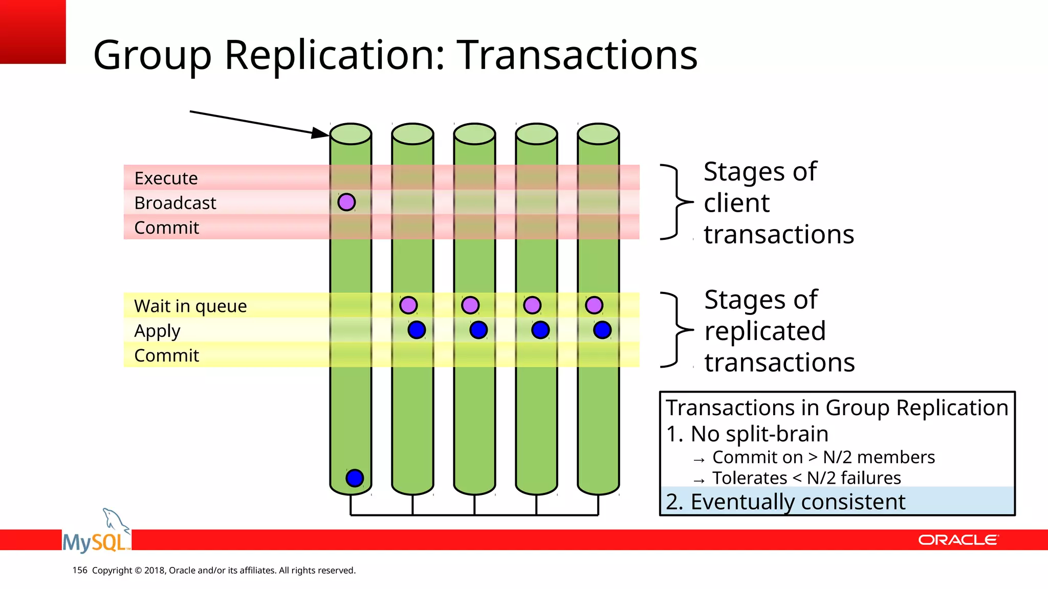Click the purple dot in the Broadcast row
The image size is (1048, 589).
click(346, 202)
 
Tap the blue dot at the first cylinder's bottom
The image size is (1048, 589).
click(355, 478)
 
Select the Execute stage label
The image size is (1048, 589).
click(166, 178)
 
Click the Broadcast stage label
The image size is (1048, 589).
click(175, 203)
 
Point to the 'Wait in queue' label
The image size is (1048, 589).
click(190, 306)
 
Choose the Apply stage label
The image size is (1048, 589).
click(157, 331)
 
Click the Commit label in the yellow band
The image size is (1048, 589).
click(166, 355)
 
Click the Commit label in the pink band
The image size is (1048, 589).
click(166, 228)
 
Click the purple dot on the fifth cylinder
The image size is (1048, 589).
click(594, 305)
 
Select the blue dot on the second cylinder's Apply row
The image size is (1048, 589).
click(417, 330)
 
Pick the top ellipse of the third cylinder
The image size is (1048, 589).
click(474, 134)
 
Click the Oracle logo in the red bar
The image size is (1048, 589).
click(958, 540)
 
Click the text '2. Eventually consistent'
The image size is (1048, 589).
click(785, 502)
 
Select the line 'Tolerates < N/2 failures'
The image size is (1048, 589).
click(806, 478)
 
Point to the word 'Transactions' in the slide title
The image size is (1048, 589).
click(577, 55)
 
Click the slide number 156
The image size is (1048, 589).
click(80, 570)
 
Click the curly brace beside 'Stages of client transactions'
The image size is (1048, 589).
click(675, 202)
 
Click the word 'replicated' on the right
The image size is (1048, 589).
click(765, 331)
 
